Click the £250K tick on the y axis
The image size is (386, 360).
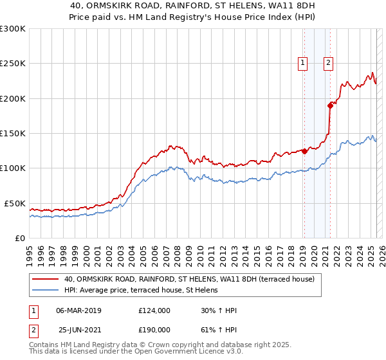(x=14, y=64)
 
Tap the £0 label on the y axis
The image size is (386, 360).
(x=21, y=238)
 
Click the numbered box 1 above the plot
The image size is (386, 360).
(x=302, y=63)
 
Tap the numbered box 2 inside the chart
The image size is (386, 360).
(x=328, y=63)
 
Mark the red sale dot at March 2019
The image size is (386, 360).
(x=304, y=152)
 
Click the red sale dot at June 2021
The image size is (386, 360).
(x=330, y=105)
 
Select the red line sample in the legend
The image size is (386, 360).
(x=46, y=279)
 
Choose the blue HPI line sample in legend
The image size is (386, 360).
(x=46, y=290)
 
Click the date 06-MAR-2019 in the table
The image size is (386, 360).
(x=78, y=310)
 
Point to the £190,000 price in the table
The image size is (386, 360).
(x=154, y=332)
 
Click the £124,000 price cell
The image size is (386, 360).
(x=154, y=310)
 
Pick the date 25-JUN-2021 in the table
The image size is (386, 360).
(x=78, y=332)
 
